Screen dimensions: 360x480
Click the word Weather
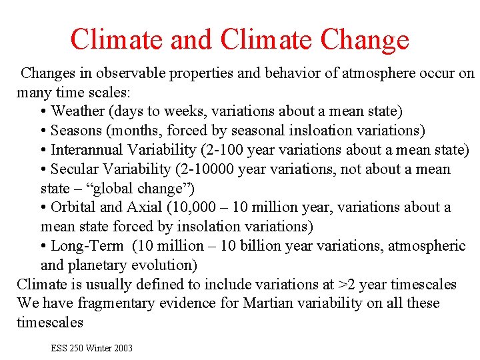coord(77,111)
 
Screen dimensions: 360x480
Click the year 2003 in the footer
coord(122,348)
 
